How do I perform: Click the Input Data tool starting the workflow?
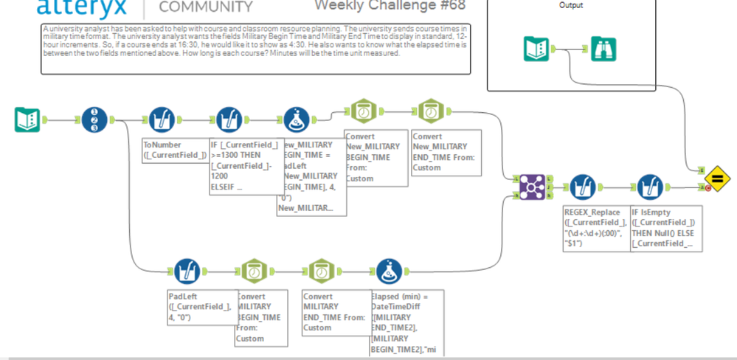click(x=27, y=120)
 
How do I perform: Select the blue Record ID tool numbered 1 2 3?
click(x=94, y=120)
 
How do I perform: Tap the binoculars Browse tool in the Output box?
click(x=603, y=49)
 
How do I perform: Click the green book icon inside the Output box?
click(x=536, y=49)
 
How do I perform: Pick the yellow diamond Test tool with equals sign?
click(x=716, y=179)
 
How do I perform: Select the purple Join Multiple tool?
click(x=532, y=187)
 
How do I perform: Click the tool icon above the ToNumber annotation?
click(x=162, y=120)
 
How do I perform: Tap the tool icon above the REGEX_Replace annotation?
click(x=583, y=187)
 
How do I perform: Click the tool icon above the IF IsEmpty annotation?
click(x=650, y=187)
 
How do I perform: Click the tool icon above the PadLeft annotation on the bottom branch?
click(x=188, y=271)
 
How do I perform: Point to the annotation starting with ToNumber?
click(x=174, y=150)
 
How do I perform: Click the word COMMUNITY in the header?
click(x=206, y=7)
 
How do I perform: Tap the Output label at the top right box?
click(x=571, y=5)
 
